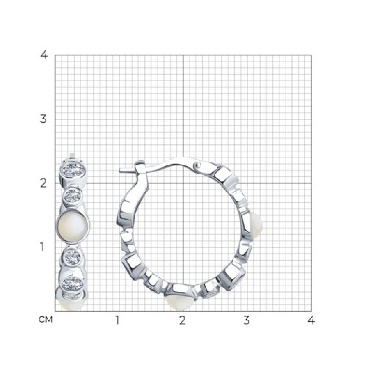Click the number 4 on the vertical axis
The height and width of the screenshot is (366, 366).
click(44, 55)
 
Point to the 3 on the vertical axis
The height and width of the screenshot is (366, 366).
click(43, 119)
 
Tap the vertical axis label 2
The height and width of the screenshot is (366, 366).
click(43, 183)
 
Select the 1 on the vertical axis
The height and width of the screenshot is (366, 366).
click(42, 247)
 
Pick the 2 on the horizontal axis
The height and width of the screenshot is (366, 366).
click(183, 320)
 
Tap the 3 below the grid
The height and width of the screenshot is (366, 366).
click(247, 320)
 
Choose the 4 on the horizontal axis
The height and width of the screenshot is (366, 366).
click(311, 320)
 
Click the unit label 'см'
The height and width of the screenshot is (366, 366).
click(46, 320)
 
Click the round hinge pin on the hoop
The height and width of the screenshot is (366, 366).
click(197, 165)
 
